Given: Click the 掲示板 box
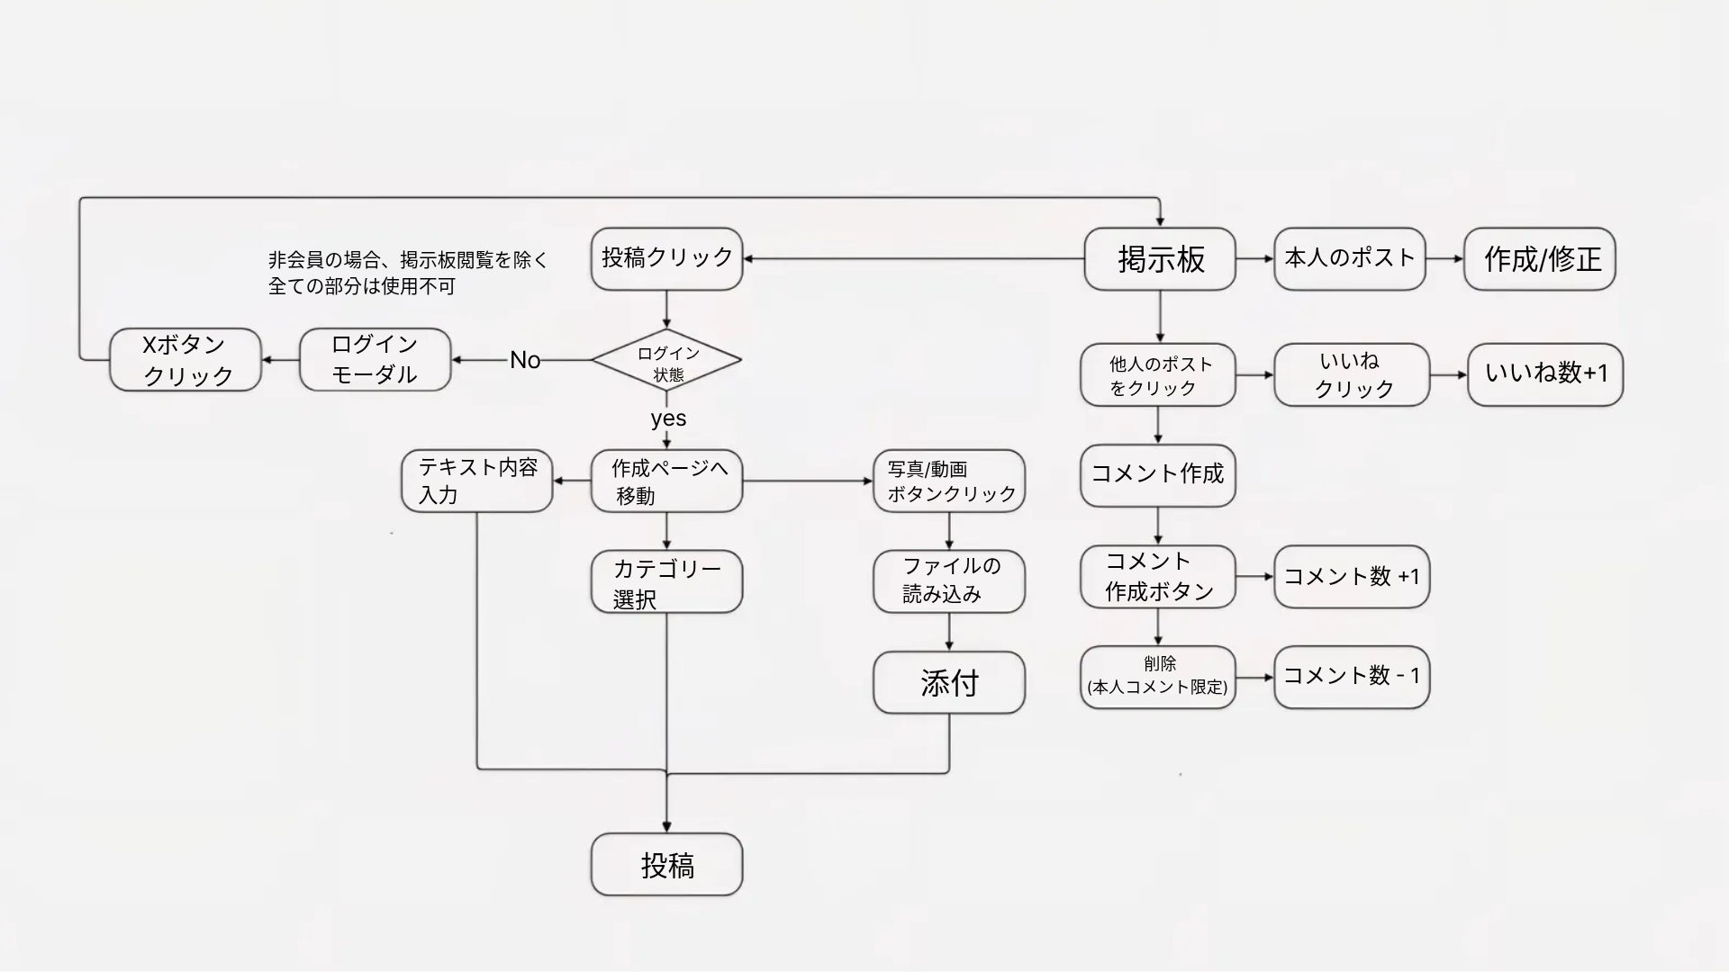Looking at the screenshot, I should [x=1159, y=259].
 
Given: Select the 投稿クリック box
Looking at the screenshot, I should [x=666, y=258].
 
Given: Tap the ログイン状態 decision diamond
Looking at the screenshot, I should [x=666, y=360].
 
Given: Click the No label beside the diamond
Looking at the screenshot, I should [x=525, y=360].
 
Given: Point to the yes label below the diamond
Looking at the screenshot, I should [x=668, y=418].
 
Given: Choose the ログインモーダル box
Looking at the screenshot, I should [x=375, y=359].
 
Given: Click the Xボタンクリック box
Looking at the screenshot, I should [x=186, y=359].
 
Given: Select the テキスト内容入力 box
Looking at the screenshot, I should [x=476, y=481].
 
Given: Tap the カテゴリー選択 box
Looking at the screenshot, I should [x=666, y=582].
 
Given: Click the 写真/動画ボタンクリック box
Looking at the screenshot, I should [x=949, y=481].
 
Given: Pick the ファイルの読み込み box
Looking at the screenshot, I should [x=949, y=581].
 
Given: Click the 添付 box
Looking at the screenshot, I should [x=949, y=683].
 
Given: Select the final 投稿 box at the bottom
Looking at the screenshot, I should [x=666, y=864].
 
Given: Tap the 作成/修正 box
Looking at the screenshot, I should [x=1540, y=259].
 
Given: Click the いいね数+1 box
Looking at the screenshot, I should [x=1545, y=373].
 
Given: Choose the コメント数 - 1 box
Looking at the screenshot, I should [x=1352, y=677].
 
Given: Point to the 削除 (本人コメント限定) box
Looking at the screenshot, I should [x=1158, y=677].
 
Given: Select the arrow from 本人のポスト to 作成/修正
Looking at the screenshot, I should [x=1444, y=259].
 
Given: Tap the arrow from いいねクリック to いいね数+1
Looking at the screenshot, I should [x=1448, y=374].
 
